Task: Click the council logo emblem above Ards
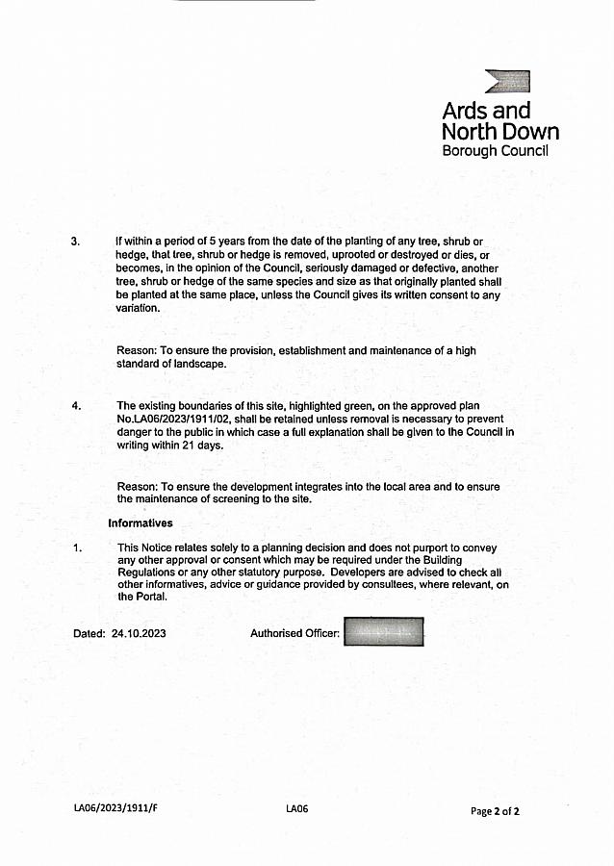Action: [507, 81]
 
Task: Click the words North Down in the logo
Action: [499, 132]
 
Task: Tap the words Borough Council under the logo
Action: [495, 151]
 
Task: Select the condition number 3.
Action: [75, 241]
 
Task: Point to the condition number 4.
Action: [76, 405]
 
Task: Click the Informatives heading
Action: [141, 523]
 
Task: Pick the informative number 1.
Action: [76, 548]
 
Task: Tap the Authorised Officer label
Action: [294, 633]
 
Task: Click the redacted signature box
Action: [383, 632]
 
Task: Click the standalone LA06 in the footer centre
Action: [296, 809]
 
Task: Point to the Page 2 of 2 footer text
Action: [495, 811]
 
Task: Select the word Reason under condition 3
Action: [135, 350]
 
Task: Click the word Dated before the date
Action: [89, 634]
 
